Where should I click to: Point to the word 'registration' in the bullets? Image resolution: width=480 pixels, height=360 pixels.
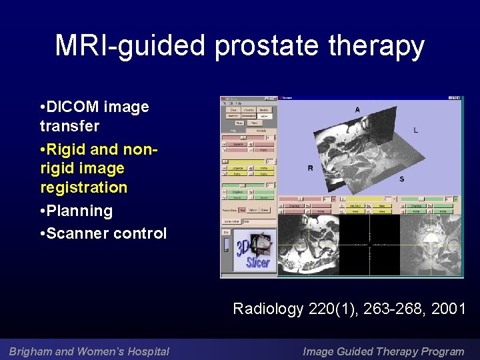(83, 187)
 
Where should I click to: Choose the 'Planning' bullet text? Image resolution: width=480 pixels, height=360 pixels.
(79, 211)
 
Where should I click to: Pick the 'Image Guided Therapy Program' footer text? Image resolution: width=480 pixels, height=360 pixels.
(383, 351)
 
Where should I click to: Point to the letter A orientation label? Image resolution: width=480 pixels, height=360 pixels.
(357, 109)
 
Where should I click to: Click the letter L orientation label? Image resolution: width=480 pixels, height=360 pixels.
(415, 130)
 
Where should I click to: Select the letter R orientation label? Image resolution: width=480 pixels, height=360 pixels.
(309, 168)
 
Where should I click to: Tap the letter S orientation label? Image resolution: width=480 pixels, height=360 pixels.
(401, 179)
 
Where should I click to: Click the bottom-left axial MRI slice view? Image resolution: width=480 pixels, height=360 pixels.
(307, 245)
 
